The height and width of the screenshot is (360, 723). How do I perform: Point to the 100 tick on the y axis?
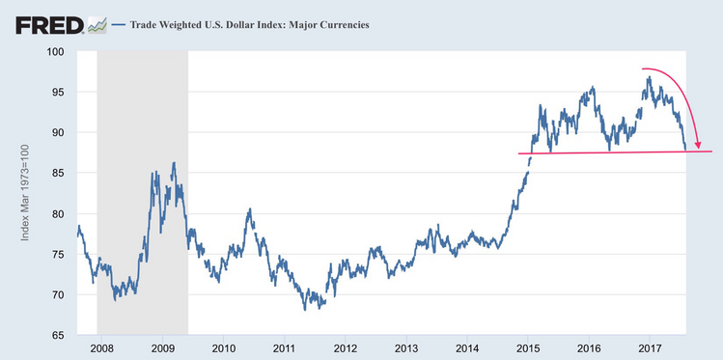coord(56,51)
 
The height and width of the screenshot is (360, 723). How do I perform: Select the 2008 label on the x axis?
coord(101,348)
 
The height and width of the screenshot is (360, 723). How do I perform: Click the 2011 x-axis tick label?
coord(284,348)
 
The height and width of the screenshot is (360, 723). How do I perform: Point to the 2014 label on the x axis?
coord(467,348)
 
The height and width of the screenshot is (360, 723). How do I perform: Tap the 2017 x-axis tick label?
coord(650,348)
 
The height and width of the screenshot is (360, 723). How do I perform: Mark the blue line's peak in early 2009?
coord(174,163)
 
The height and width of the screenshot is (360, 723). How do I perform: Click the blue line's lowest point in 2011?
coord(305,309)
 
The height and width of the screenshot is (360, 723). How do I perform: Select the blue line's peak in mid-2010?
coord(249,208)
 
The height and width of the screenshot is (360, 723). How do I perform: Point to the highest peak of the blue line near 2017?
coord(649,77)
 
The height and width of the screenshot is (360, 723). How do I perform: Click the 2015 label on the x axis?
coord(528,348)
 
